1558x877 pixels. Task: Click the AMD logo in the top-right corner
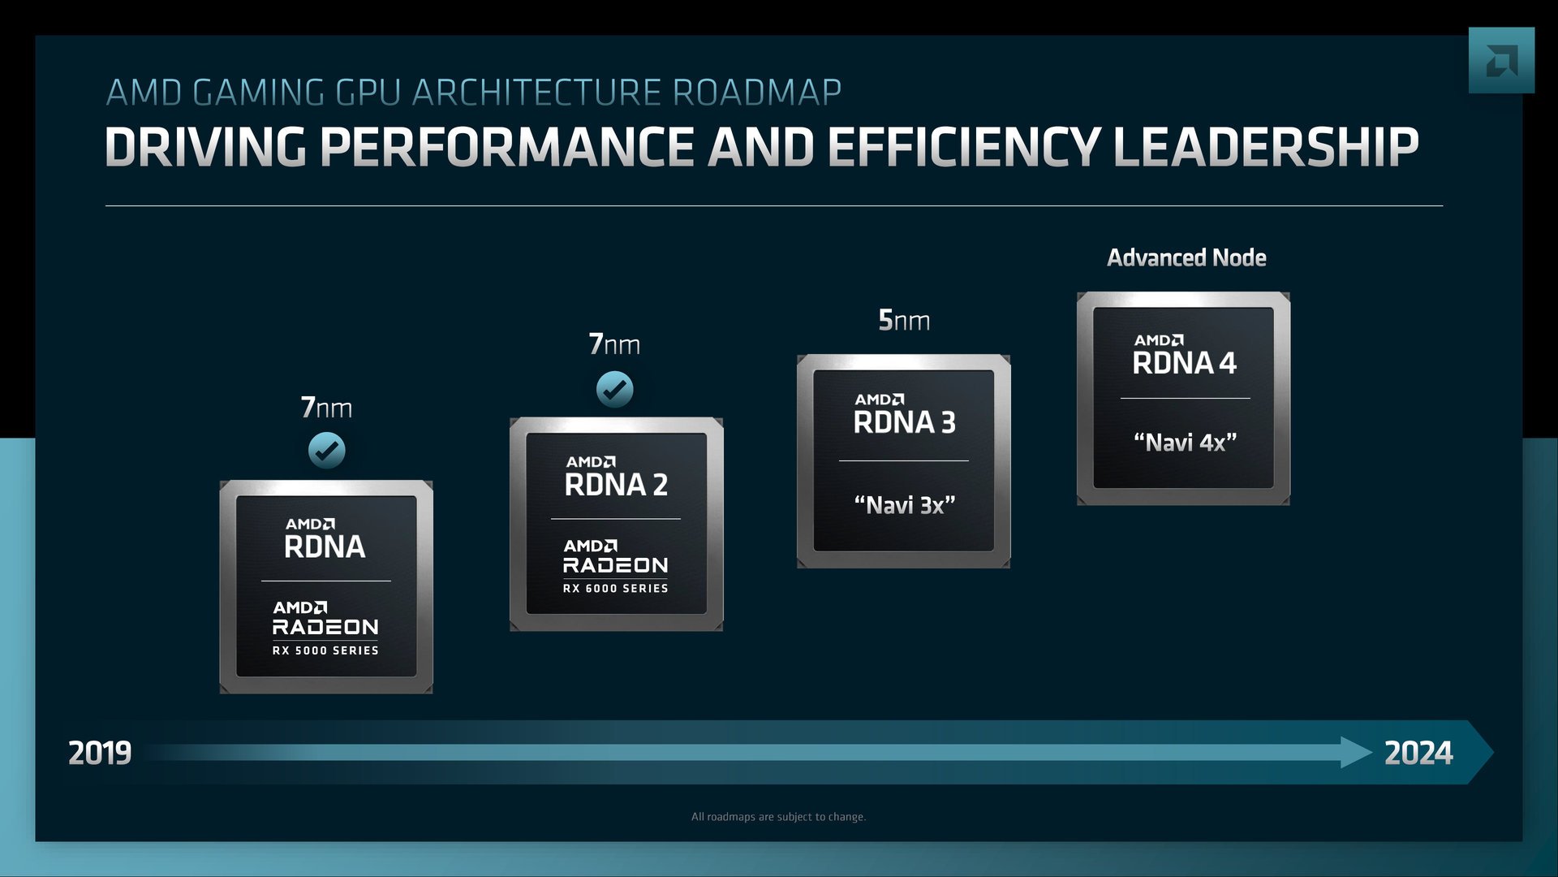[1501, 61]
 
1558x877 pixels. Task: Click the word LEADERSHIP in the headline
[1266, 148]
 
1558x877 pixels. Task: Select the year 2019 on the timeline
[100, 753]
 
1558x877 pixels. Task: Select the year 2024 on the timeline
[1418, 753]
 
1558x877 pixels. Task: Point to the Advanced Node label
[1186, 258]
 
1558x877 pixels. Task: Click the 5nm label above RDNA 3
[904, 321]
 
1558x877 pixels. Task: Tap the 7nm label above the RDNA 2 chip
[614, 344]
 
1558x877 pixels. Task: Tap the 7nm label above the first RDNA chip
[326, 407]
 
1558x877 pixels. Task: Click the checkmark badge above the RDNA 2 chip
[614, 390]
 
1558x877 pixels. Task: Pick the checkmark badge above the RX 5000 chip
[326, 451]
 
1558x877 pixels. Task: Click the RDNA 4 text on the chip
[1184, 363]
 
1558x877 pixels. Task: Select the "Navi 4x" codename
[1185, 443]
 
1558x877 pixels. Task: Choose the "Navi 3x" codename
[904, 505]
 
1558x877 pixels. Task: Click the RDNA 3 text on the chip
[904, 422]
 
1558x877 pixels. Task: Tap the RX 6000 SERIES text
[616, 588]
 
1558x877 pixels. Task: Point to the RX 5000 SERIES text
[325, 650]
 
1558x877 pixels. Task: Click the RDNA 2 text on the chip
[616, 485]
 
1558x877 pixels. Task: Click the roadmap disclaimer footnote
[778, 817]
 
